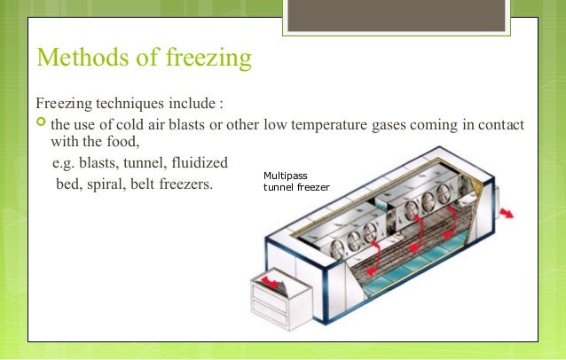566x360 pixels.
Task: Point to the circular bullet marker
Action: click(41, 121)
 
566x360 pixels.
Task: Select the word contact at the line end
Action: click(500, 121)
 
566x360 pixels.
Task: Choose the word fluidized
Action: click(199, 163)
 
